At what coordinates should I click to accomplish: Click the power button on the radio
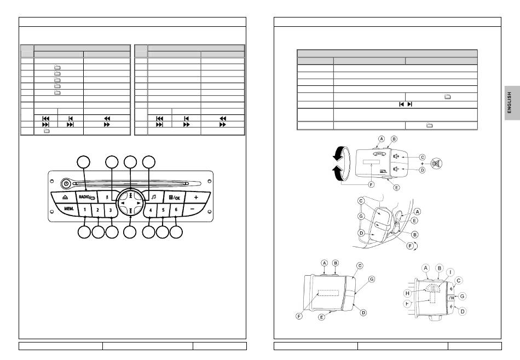point(66,184)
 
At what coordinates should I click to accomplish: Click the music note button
point(154,196)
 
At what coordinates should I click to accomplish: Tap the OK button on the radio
point(176,196)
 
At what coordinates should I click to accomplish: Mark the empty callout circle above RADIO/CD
point(84,162)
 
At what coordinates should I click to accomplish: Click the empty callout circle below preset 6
point(176,232)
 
